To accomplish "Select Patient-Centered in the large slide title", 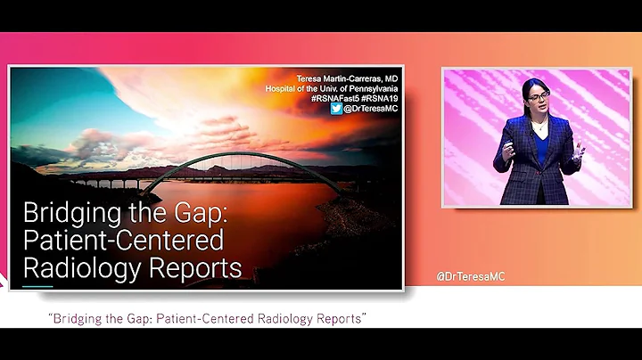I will [122, 241].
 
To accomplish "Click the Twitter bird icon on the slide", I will [336, 109].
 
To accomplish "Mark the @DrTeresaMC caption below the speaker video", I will [470, 276].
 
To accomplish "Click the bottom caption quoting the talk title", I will [208, 318].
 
